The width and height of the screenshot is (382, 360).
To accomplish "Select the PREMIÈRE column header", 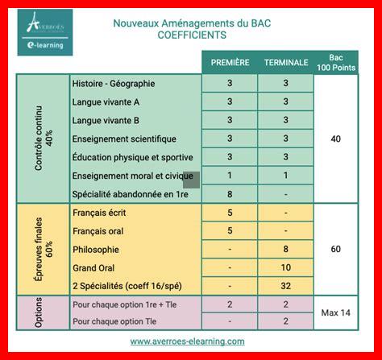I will (230, 62).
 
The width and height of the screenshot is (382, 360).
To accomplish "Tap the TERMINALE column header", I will (286, 62).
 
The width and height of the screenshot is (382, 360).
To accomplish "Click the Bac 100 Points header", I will (336, 62).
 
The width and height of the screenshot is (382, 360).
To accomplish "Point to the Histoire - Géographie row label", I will (114, 83).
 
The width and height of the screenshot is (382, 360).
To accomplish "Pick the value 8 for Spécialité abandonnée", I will (230, 194).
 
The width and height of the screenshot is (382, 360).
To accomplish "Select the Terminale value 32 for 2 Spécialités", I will (286, 286).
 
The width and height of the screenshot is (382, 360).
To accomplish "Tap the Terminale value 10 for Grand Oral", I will (286, 267).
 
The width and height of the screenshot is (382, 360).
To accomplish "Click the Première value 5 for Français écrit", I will (230, 213).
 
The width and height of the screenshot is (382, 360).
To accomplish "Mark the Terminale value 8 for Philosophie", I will (286, 250).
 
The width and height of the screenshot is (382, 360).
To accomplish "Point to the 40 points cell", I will (336, 139).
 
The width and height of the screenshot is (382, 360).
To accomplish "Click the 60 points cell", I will (336, 250).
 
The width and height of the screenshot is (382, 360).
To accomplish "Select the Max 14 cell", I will (336, 312).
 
